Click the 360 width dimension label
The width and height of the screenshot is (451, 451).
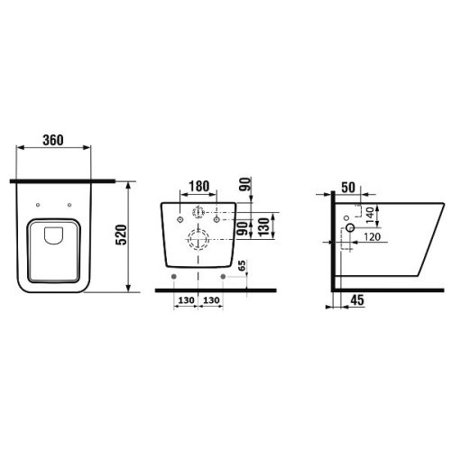53,140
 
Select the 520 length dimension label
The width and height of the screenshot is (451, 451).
122,235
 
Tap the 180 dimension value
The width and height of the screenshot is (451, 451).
198,187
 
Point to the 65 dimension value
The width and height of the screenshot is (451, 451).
242,266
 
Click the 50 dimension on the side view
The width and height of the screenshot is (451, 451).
348,188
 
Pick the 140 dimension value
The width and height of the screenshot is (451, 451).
370,215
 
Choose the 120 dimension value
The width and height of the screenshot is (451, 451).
372,237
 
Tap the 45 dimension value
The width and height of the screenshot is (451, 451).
357,300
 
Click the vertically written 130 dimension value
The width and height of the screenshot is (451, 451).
263,227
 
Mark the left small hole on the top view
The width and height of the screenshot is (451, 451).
38,205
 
